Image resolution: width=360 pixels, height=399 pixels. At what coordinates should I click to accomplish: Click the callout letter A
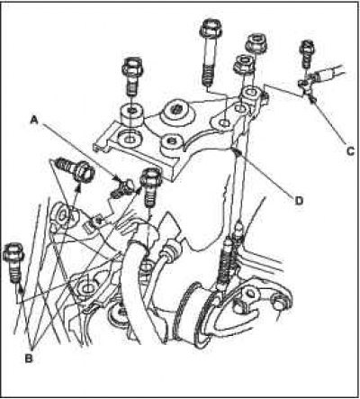click(x=35, y=121)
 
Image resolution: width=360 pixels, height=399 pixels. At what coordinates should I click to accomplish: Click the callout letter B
click(x=29, y=358)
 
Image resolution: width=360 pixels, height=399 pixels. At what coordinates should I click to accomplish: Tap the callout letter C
click(x=350, y=151)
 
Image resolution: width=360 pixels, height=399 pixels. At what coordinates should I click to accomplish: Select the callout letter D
click(x=299, y=201)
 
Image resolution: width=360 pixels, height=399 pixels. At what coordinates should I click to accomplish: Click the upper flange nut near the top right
click(x=256, y=43)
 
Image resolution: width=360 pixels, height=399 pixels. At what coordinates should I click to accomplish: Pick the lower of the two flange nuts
click(x=244, y=65)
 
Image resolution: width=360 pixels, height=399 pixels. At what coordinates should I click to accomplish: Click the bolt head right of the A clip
click(x=151, y=187)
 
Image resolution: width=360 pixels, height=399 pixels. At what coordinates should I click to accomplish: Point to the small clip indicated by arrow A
click(x=123, y=188)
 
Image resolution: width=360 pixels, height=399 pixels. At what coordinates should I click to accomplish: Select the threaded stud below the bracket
click(x=227, y=264)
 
